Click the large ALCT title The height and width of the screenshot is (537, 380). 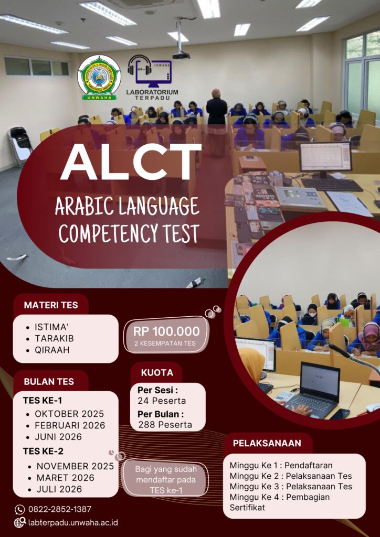coord(131,162)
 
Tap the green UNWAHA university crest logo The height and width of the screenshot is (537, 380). coord(99,78)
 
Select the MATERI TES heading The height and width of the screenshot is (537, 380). coord(51,305)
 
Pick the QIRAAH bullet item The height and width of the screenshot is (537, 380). coord(52,349)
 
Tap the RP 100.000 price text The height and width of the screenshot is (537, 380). coord(166,331)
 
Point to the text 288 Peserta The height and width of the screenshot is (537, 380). coord(165,425)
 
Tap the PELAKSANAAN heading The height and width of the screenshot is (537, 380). coord(267,443)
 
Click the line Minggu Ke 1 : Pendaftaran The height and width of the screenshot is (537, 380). coord(281,466)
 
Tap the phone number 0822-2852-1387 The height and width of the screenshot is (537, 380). coord(60,509)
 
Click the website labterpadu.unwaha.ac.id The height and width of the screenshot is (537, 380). coord(73,523)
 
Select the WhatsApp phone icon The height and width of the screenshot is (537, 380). coord(20,509)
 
